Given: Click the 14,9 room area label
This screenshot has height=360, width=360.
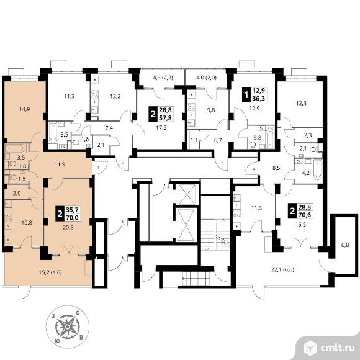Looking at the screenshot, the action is (25, 109).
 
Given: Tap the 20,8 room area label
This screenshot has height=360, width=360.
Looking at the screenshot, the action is (68, 228).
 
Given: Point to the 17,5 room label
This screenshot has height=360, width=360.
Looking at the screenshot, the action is (161, 128).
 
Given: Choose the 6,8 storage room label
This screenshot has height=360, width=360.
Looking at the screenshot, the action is (345, 245).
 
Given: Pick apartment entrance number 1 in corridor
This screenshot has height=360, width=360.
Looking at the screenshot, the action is (98, 168).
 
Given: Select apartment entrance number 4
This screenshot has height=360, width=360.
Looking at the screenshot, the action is (254, 169).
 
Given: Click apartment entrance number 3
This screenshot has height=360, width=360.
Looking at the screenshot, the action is (222, 163).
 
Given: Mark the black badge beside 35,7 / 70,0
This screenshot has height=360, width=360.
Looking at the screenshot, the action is (60, 214).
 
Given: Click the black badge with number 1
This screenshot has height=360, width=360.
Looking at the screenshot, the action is (247, 94).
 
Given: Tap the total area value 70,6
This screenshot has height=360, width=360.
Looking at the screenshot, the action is (304, 215).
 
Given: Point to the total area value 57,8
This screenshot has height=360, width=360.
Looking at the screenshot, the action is (165, 118).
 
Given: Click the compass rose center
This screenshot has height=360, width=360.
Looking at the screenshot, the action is (67, 326).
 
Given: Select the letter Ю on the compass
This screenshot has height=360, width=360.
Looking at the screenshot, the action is (56, 341).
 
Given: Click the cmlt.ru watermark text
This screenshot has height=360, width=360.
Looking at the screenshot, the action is (337, 348).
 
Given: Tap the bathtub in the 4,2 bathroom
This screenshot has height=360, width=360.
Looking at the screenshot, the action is (318, 169).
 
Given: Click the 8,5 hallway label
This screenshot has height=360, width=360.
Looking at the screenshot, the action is (276, 168).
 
